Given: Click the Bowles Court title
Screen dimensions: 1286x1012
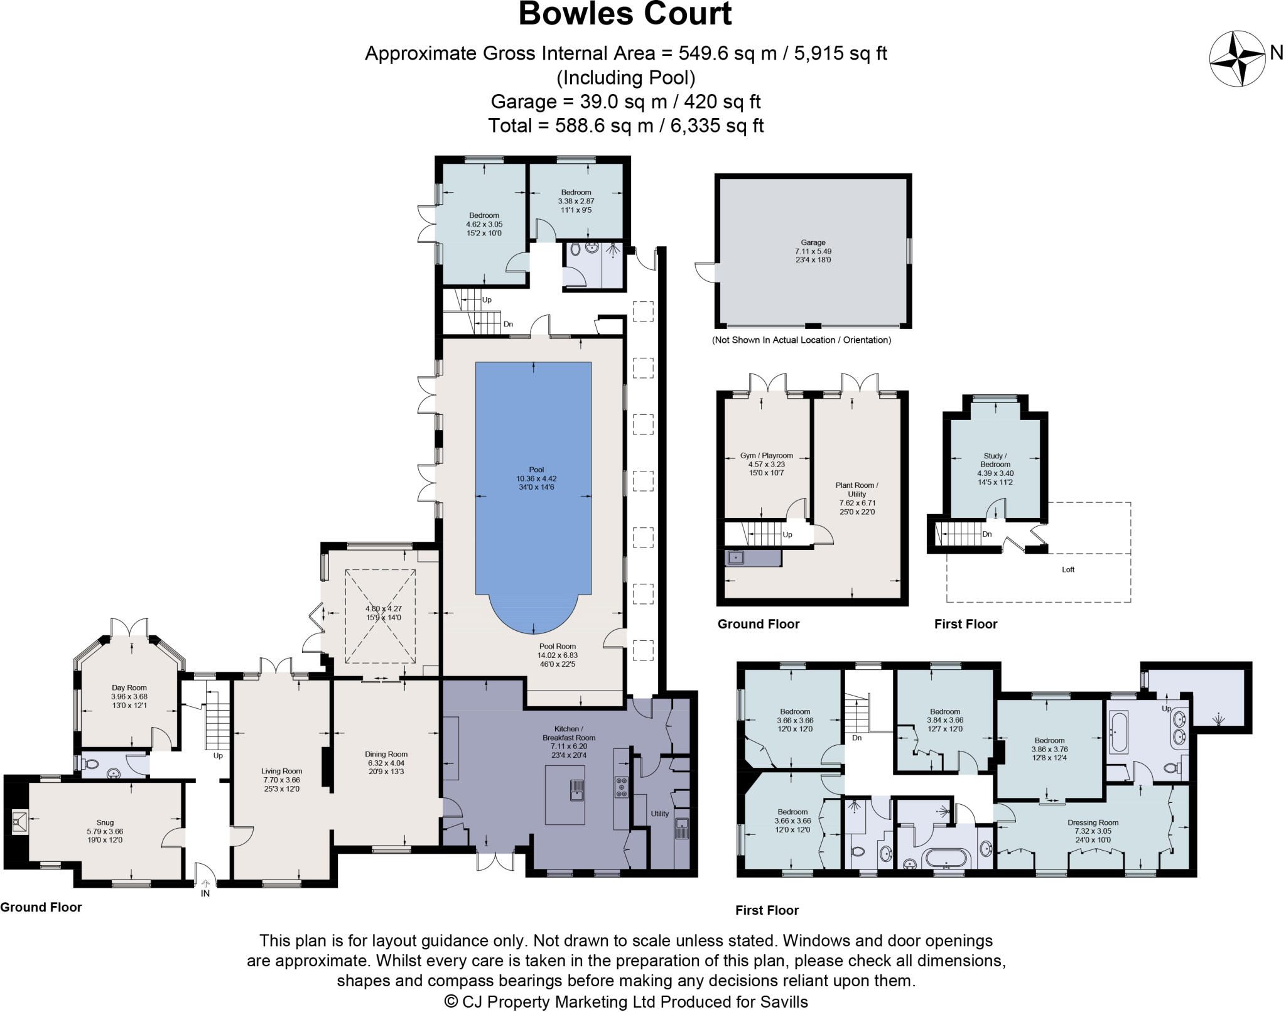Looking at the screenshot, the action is coord(625,14).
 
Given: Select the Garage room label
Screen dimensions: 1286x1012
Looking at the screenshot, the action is coord(813,242).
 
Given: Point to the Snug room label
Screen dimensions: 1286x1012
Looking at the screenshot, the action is coord(105,822).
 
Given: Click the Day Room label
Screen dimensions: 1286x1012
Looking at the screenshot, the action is coord(129,688).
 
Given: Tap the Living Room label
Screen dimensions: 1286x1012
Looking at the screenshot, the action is coord(282,772).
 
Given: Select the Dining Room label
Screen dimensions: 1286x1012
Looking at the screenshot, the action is coord(386,755).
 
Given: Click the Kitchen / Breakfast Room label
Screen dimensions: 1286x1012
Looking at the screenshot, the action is coord(568,733).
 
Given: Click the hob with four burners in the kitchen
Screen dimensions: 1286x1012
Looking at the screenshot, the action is coord(621,787).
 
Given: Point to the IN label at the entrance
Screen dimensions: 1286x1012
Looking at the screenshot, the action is coord(205,893).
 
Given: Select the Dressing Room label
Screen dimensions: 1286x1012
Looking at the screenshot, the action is coord(1093,822).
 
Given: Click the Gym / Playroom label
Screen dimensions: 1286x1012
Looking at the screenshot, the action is coord(766,456).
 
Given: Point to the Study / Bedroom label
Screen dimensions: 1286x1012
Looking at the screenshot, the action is coord(995,460).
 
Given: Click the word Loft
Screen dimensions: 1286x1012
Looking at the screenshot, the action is coord(1068,570).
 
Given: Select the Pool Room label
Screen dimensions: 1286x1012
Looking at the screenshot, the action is coord(558,647).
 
